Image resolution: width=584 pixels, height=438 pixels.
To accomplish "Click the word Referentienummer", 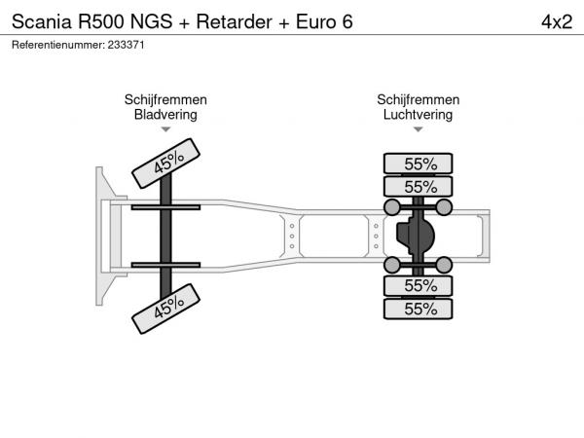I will pos(53,46).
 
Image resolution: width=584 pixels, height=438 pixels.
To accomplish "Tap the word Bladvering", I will pos(165,114).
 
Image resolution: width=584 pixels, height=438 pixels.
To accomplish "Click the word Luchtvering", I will pos(419,114).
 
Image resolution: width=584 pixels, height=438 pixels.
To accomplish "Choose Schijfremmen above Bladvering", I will pos(165,99).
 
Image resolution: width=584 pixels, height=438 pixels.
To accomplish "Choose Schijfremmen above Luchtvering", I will pos(419,99).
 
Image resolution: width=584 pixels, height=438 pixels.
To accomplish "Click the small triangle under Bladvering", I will pos(165,128).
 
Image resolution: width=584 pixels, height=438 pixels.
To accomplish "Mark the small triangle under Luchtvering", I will pos(419,128).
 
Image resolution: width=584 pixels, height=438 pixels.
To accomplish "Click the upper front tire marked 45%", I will pos(165,163).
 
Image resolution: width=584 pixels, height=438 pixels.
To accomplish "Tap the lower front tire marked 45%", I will pos(165,309).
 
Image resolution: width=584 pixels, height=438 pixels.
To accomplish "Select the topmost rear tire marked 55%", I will pos(419,164).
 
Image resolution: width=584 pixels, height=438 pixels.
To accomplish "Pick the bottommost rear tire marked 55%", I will pos(419,309).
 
